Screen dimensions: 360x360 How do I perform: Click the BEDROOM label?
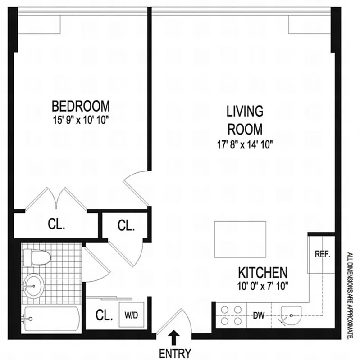point(81,106)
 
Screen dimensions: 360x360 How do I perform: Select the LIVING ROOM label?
point(244,120)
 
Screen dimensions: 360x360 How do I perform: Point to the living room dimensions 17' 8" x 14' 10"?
point(244,144)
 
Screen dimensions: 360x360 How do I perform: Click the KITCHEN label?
point(262,272)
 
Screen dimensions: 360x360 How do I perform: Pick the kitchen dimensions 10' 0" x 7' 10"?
point(262,285)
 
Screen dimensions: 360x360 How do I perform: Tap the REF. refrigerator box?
point(322,253)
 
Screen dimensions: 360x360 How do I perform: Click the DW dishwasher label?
point(258,315)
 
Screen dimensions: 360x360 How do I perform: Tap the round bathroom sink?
point(33,284)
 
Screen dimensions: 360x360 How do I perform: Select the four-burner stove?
point(231,315)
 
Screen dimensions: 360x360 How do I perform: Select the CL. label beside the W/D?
point(104,315)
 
